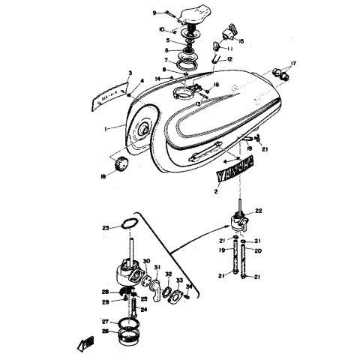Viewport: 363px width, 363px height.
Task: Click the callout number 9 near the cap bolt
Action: (x=154, y=13)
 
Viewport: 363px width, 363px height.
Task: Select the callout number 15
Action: (x=241, y=40)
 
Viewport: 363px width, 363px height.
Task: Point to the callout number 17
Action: (x=294, y=64)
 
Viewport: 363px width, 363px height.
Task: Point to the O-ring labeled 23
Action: (x=128, y=223)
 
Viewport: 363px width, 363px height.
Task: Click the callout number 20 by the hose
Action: (x=259, y=252)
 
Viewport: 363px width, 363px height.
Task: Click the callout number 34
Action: (x=189, y=286)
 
